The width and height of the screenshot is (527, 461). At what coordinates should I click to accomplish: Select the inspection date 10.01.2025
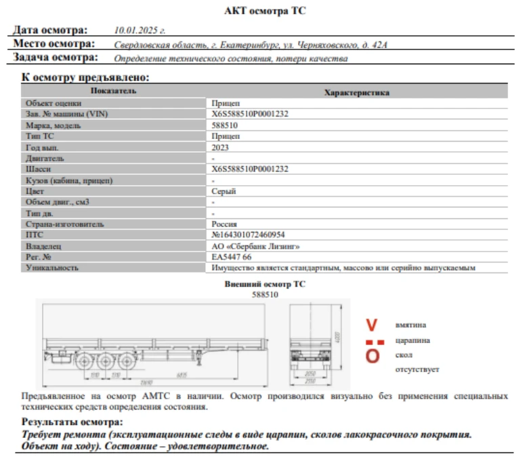click(x=140, y=31)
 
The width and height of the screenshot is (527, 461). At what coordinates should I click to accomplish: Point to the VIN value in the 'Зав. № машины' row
click(x=250, y=114)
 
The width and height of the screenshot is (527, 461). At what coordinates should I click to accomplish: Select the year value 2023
click(x=220, y=147)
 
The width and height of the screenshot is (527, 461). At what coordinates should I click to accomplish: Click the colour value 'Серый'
click(x=224, y=191)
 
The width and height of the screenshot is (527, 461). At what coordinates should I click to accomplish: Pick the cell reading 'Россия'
click(x=224, y=224)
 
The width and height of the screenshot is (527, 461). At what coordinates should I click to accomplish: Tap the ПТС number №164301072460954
click(x=248, y=235)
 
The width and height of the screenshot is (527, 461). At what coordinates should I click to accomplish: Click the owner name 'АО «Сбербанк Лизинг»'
click(x=255, y=246)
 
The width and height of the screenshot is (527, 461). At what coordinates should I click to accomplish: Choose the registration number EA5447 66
click(x=232, y=257)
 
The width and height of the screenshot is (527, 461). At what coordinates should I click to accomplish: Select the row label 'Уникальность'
click(x=51, y=268)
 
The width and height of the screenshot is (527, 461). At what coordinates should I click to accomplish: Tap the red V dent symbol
click(x=372, y=325)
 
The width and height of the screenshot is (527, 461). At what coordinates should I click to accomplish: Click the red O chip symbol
click(x=373, y=356)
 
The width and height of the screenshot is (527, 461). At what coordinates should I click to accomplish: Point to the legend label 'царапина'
click(x=413, y=340)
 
